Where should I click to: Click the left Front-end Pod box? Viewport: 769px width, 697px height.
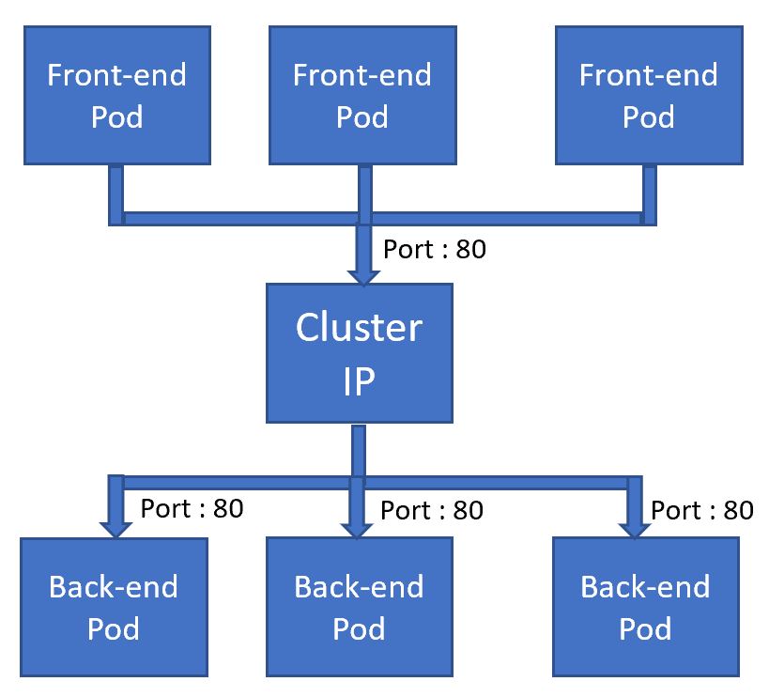(x=117, y=96)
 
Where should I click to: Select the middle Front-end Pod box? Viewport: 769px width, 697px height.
(x=362, y=96)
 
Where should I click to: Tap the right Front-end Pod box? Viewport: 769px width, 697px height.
(x=649, y=96)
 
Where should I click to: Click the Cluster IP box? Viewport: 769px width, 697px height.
(x=360, y=353)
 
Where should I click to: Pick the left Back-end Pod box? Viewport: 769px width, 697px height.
(x=114, y=607)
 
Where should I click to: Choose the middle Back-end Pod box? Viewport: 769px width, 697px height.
(x=359, y=607)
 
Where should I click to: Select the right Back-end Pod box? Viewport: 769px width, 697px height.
(x=645, y=607)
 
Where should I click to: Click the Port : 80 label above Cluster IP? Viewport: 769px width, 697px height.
(x=435, y=251)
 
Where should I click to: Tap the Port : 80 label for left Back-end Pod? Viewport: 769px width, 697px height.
(x=192, y=508)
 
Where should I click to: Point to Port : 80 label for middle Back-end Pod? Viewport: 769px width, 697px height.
(x=432, y=510)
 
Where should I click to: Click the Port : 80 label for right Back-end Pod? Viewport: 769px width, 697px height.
(x=701, y=510)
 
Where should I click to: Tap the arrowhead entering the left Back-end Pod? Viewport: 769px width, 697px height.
(x=115, y=527)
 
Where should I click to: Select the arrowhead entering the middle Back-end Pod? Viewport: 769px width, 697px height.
(x=357, y=527)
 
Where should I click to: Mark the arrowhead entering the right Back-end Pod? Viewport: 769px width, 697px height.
(x=634, y=527)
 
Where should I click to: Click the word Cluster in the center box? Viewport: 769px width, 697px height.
(x=360, y=328)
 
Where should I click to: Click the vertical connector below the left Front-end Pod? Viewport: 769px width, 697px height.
(x=115, y=193)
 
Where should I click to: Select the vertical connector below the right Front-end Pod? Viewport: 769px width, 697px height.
(x=649, y=193)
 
